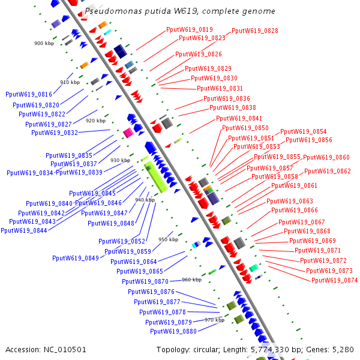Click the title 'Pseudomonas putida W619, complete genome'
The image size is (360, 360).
click(180, 11)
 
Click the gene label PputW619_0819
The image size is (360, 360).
click(189, 29)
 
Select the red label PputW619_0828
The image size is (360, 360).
click(254, 30)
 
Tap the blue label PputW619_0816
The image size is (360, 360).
click(28, 94)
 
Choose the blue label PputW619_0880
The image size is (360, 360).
click(173, 331)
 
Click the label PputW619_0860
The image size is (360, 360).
click(326, 157)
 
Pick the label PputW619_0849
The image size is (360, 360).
click(75, 258)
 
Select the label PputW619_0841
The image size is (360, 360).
click(239, 118)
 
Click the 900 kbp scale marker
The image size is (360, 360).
click(44, 43)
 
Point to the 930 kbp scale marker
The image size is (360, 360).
click(120, 160)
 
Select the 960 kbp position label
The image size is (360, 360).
click(191, 280)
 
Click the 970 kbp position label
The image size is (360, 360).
click(214, 320)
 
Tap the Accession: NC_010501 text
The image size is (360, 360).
click(46, 349)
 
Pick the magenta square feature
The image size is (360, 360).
click(128, 133)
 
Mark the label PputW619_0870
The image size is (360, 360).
click(145, 281)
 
